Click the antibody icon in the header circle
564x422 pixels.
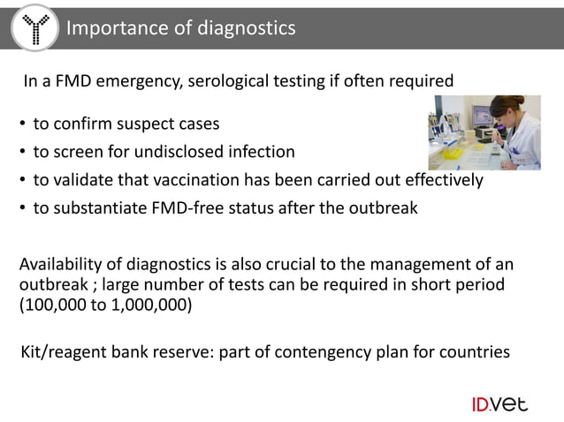click(x=35, y=29)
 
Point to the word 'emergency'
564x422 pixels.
click(x=146, y=82)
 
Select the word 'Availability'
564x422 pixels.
click(x=63, y=266)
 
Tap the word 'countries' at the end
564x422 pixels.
click(x=474, y=353)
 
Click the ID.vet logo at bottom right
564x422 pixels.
click(x=499, y=404)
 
